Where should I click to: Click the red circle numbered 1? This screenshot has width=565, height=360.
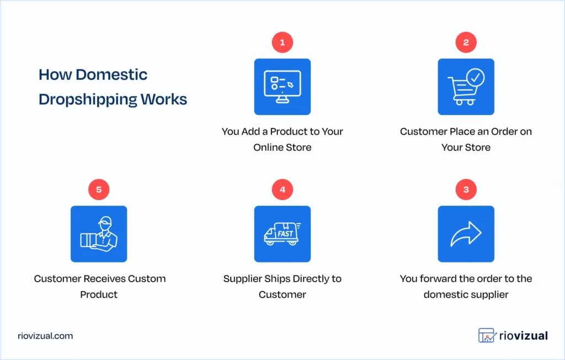coord(282,42)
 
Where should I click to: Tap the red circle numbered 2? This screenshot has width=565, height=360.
coord(466,42)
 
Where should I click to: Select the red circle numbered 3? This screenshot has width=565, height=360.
coord(466,190)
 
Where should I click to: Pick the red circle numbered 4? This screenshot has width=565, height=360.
coord(282,190)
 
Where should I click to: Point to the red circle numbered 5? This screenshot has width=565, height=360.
coord(99,190)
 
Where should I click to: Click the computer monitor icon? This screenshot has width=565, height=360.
coord(282,87)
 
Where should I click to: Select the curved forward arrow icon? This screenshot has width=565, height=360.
coord(466,234)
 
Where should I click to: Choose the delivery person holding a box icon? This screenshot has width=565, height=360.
coord(99,234)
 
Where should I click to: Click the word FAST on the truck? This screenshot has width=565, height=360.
coord(285,233)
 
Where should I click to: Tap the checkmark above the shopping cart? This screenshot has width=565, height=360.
coord(475,78)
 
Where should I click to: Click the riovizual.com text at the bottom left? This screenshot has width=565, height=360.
coord(45,336)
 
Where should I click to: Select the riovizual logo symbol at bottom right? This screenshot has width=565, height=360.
coord(486,335)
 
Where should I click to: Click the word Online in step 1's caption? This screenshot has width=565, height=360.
coord(268,147)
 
